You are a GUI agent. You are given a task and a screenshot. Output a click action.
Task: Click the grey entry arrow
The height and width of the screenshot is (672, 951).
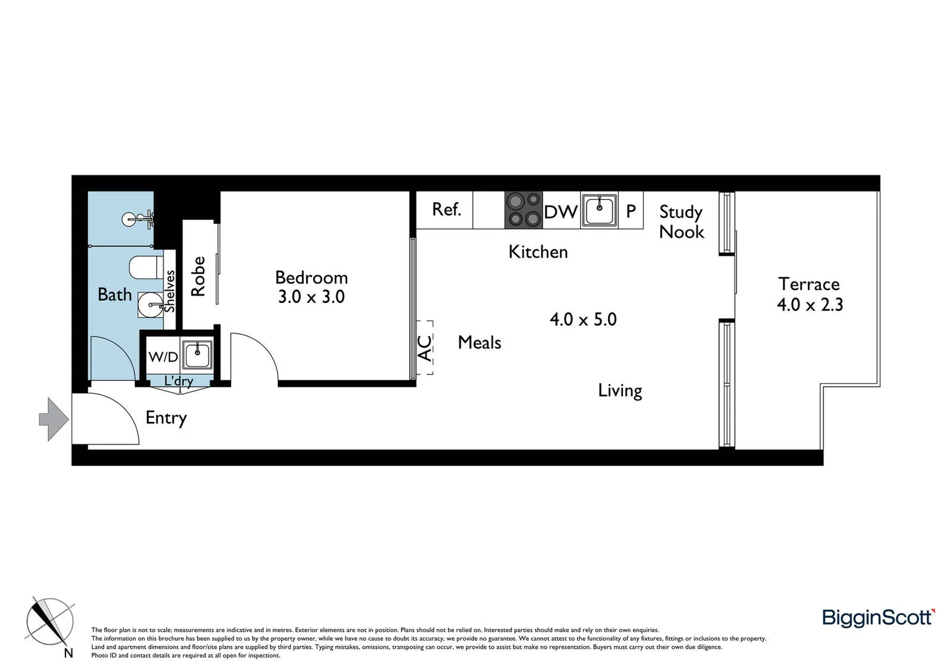(54, 419)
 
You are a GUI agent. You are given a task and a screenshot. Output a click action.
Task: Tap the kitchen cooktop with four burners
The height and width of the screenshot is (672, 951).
(523, 210)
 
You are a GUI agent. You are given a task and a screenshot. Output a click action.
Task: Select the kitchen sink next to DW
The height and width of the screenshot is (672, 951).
(599, 210)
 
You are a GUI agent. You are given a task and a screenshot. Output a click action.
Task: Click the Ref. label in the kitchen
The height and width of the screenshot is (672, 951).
(446, 210)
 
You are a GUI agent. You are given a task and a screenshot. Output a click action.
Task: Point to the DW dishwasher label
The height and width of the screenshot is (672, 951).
(561, 212)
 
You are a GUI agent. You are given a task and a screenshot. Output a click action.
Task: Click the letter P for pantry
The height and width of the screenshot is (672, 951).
(630, 212)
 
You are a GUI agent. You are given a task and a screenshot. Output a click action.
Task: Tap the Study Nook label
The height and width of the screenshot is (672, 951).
(681, 222)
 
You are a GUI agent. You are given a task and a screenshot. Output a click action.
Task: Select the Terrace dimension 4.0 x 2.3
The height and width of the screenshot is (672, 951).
(809, 304)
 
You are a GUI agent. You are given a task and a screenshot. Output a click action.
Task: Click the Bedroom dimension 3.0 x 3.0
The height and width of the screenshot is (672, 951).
(311, 297)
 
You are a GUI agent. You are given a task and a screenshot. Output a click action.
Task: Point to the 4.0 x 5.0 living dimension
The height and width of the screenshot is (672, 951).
(583, 320)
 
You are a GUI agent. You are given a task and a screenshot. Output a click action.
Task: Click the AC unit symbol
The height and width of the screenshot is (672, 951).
(424, 348)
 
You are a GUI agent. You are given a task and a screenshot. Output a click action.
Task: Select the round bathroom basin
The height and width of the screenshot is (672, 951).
(150, 305)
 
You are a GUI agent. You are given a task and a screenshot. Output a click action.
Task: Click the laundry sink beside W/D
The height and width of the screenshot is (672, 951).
(197, 355)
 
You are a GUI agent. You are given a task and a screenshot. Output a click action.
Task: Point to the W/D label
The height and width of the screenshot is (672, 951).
(163, 357)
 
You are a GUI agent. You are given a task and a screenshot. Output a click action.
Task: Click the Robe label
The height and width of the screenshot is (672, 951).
(198, 276)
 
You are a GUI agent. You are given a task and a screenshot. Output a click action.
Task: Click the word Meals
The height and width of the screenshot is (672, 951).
(479, 342)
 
